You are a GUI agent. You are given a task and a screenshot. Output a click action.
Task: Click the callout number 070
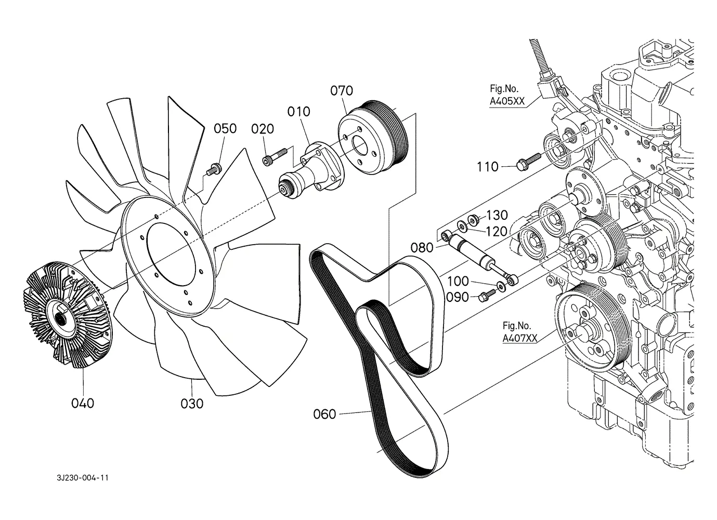(342, 91)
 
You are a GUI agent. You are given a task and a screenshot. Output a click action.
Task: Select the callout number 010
(298, 112)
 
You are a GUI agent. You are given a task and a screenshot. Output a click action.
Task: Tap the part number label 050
(225, 128)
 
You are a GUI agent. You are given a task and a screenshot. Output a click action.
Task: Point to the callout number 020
(263, 129)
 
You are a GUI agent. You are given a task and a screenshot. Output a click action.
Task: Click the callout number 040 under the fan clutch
(83, 403)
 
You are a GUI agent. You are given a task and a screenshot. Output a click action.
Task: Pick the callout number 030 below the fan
(192, 404)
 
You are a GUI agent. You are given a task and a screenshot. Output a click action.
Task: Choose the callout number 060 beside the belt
(324, 414)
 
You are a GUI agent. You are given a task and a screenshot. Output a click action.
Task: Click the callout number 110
(488, 167)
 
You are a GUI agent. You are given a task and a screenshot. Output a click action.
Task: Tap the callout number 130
(497, 215)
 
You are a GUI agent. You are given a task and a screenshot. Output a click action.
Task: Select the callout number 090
(458, 298)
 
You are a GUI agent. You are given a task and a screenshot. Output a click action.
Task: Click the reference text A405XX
(507, 101)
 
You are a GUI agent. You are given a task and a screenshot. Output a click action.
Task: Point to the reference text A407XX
(520, 338)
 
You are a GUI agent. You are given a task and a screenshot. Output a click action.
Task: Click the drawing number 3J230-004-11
(83, 478)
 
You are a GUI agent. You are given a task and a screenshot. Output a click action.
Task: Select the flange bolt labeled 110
(529, 161)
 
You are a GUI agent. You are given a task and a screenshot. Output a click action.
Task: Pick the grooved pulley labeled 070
(373, 138)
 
